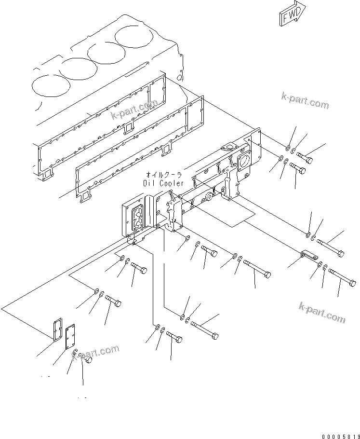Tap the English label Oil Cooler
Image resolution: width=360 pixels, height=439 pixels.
click(x=163, y=183)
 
